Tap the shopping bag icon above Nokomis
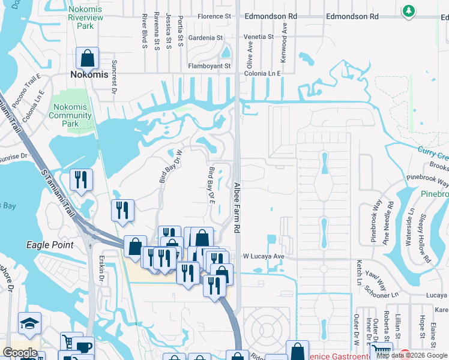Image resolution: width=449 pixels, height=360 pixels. [88, 58]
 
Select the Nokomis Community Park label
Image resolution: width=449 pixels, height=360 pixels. [67, 115]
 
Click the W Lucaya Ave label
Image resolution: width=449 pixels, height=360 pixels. [264, 256]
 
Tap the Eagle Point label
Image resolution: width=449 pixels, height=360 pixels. [50, 245]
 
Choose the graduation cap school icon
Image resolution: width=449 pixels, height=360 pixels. [29, 324]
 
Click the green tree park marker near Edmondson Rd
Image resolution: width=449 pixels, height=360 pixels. [408, 11]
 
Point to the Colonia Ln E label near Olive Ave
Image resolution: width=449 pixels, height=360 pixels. [263, 73]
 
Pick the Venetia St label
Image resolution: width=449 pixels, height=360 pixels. [258, 37]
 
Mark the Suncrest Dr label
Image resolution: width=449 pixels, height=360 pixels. [113, 76]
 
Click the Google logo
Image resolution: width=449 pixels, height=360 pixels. [20, 353]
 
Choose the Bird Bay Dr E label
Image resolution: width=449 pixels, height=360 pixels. [211, 185]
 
